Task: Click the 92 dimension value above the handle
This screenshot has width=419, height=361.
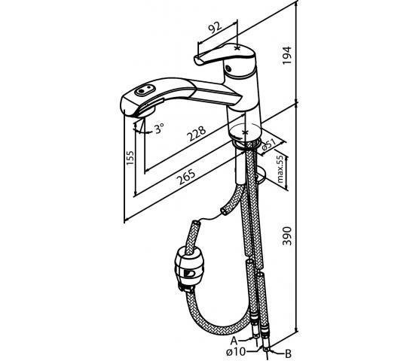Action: pyautogui.click(x=215, y=28)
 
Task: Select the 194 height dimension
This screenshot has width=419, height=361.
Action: pyautogui.click(x=287, y=55)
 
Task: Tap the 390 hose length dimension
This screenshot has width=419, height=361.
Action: pyautogui.click(x=287, y=235)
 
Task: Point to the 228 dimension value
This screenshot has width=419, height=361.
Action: pyautogui.click(x=197, y=133)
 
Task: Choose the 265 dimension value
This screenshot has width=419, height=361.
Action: pyautogui.click(x=187, y=177)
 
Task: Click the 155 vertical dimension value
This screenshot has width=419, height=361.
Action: pyautogui.click(x=130, y=158)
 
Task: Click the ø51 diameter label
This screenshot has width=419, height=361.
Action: pyautogui.click(x=268, y=144)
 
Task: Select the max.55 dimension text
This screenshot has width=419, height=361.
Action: pyautogui.click(x=280, y=169)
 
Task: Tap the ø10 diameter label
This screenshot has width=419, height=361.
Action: pyautogui.click(x=235, y=352)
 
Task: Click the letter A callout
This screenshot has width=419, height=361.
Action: pyautogui.click(x=234, y=341)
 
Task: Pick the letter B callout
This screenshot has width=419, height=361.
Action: pyautogui.click(x=288, y=354)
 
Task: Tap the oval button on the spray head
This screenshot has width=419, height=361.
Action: pyautogui.click(x=145, y=91)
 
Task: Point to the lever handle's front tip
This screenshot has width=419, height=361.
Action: pyautogui.click(x=196, y=60)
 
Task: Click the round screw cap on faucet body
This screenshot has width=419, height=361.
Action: pyautogui.click(x=228, y=68)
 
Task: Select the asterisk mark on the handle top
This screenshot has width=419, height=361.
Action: pyautogui.click(x=237, y=48)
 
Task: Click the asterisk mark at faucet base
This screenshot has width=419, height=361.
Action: pyautogui.click(x=245, y=132)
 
